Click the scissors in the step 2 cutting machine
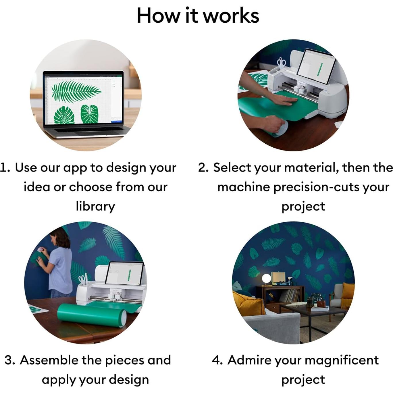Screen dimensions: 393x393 [x=282, y=63]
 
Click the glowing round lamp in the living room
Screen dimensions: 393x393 [x=266, y=278]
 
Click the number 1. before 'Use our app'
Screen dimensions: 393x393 [x=5, y=168]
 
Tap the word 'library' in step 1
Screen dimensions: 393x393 [x=95, y=206]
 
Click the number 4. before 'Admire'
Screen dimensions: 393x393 [x=217, y=360]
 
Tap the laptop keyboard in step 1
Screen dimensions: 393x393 [x=86, y=130]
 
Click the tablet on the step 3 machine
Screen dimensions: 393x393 [x=124, y=273]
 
